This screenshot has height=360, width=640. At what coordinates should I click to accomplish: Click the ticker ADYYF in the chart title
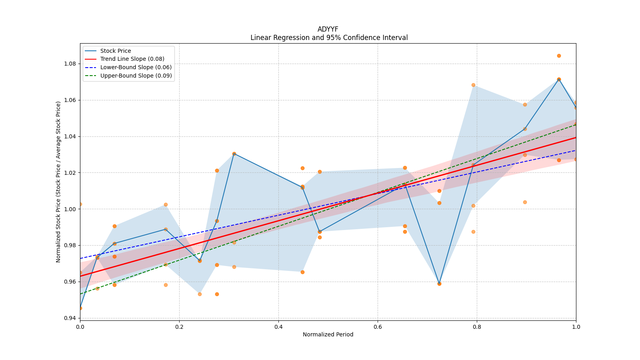[328, 29]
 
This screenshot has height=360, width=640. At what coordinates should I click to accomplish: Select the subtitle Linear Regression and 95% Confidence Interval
[329, 38]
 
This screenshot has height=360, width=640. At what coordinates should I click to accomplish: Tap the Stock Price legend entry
[116, 51]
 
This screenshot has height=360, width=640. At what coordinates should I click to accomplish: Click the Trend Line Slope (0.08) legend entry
[132, 59]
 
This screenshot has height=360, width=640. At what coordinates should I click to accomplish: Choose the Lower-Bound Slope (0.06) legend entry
[136, 67]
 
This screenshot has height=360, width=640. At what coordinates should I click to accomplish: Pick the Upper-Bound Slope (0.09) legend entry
[136, 76]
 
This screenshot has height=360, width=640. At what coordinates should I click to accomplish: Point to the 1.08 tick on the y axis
[71, 64]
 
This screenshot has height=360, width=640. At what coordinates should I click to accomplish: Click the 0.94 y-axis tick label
[71, 318]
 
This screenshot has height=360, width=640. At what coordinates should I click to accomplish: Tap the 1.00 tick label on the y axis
[71, 209]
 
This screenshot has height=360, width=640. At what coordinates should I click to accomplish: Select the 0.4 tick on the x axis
[278, 326]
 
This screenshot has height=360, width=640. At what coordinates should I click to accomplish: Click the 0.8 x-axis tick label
[477, 326]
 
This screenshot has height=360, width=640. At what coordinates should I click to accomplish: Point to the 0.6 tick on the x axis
[378, 326]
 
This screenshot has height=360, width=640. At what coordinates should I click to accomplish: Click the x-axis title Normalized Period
[328, 334]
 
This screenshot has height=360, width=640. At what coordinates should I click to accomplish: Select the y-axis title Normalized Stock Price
[58, 182]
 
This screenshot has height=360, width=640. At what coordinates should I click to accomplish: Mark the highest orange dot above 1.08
[559, 56]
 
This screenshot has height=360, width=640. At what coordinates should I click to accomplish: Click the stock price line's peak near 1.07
[559, 79]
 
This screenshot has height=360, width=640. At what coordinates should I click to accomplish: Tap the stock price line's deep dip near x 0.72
[439, 284]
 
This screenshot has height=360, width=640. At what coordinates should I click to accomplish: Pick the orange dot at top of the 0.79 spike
[473, 85]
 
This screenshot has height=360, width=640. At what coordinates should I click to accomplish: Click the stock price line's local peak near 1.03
[234, 154]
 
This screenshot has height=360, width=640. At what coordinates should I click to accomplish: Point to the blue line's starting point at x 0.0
[80, 308]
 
